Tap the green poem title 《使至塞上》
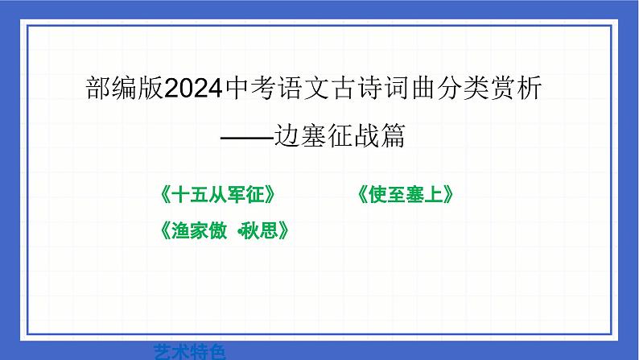pos(407,195)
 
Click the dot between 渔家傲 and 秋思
pos(240,232)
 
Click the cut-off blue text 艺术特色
pos(190,351)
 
